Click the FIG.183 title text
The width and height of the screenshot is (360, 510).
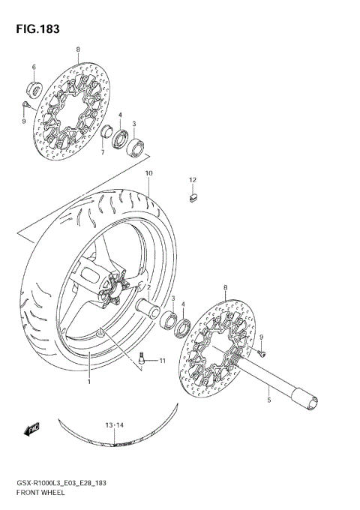34,29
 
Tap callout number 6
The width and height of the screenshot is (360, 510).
34,67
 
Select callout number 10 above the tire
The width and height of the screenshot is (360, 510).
149,173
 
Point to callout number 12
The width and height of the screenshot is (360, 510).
192,180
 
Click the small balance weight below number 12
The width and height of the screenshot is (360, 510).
191,198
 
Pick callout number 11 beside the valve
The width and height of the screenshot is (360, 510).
160,361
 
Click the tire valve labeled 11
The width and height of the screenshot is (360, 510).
143,359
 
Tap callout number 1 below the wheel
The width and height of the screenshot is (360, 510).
88,382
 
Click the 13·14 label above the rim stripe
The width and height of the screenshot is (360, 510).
113,426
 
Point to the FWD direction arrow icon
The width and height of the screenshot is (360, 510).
31,430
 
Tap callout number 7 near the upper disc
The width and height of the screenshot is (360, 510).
103,152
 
